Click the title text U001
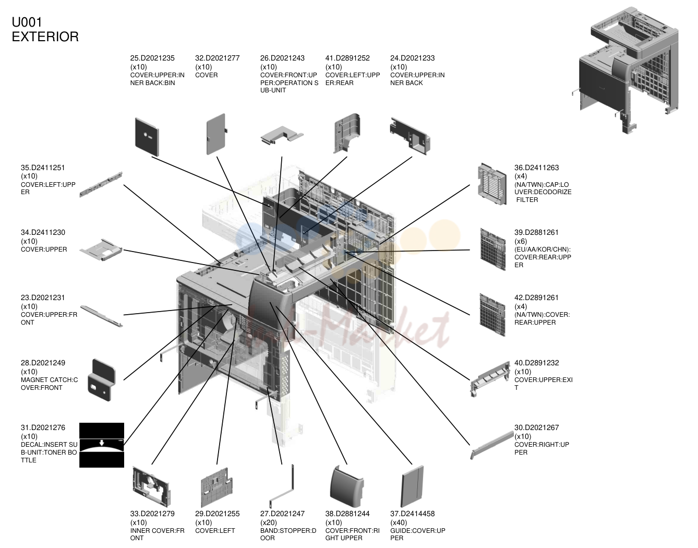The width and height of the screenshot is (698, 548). point(27,22)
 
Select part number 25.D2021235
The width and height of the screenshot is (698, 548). point(152,58)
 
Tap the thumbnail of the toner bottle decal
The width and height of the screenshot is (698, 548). point(102,445)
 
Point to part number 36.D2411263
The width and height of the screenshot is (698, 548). point(536,168)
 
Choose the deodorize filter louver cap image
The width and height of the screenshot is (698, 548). point(492,184)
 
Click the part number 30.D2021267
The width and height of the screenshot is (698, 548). point(536,427)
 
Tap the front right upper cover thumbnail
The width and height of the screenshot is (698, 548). point(346,486)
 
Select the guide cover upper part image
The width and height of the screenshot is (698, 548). point(412,486)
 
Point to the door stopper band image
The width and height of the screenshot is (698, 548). point(282,486)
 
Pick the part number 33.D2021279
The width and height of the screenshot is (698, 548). point(152,514)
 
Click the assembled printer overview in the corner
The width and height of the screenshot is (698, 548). point(625,70)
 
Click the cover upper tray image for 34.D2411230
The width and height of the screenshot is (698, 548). point(101,249)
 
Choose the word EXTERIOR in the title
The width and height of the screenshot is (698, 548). point(45,37)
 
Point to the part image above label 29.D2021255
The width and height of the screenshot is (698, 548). point(216,487)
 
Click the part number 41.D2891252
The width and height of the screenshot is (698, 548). point(347,58)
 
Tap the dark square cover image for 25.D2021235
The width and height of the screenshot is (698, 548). point(147,137)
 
